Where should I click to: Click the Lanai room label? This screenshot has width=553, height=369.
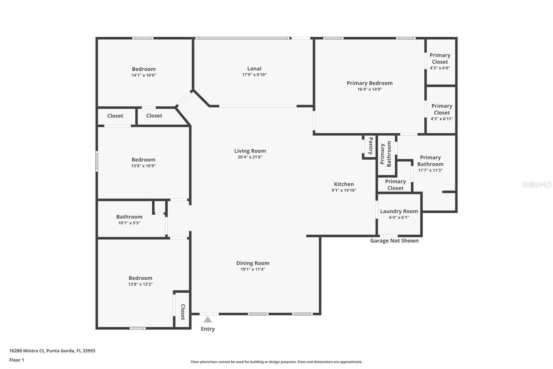pos(254,69)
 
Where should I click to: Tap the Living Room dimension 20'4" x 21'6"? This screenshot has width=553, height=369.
pos(250,157)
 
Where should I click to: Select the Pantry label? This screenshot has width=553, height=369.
pos(371,146)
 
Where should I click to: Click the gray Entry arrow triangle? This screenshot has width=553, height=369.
pos(207,320)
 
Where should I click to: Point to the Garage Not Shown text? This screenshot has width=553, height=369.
pos(394,241)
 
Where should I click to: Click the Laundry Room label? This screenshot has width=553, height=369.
pos(399,211)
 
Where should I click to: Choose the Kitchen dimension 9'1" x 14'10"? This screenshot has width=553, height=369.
pos(344,190)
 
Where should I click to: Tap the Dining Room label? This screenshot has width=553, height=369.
pos(253,263)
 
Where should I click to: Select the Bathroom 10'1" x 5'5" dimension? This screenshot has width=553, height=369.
pos(129,223)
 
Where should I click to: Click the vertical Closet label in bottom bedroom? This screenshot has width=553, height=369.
pos(183,312)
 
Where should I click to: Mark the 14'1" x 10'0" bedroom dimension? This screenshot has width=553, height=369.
pos(144,75)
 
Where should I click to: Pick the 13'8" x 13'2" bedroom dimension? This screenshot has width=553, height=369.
pos(140,284)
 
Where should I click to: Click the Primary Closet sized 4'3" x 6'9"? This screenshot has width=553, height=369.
pos(440,58)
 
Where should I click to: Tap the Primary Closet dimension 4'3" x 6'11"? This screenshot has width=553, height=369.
pos(441,119)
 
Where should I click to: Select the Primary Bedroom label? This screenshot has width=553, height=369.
pos(369,83)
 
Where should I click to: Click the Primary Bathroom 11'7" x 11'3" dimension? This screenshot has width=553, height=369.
pos(430,170)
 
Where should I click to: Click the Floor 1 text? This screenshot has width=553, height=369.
pos(17,360)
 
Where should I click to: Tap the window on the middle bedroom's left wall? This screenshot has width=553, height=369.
pos(97,161)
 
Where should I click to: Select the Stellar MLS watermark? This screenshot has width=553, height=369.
pos(536,184)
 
